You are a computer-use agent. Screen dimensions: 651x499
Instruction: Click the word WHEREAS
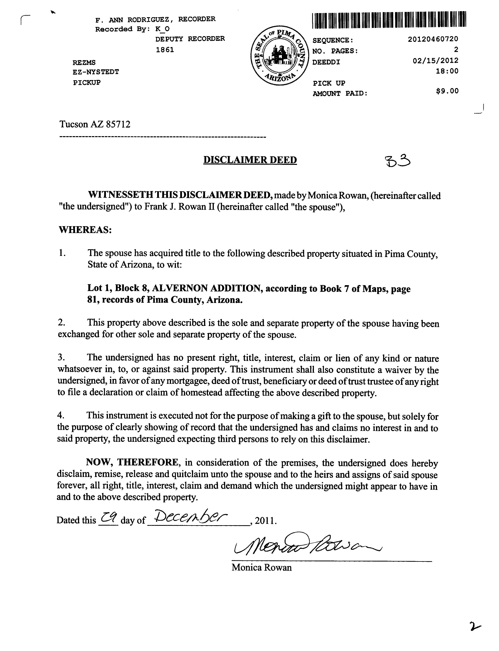pyautogui.click(x=85, y=230)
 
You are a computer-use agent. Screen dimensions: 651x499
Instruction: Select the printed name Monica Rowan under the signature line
pyautogui.click(x=261, y=568)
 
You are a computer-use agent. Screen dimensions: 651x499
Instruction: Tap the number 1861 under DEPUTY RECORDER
pyautogui.click(x=165, y=50)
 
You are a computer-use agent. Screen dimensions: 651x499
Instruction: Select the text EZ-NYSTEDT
pyautogui.click(x=96, y=72)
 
